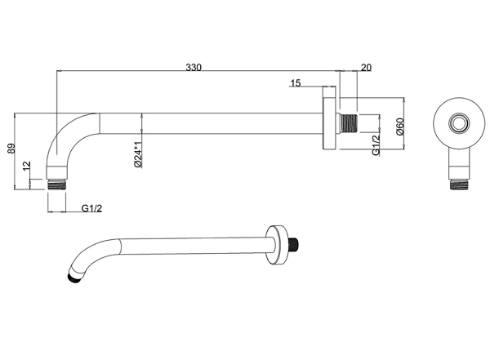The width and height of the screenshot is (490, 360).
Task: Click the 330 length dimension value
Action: (194, 67)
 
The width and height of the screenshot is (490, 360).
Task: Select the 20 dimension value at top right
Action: (366, 68)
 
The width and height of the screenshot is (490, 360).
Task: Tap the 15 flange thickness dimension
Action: (296, 83)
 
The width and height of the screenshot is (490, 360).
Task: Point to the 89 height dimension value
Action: (11, 149)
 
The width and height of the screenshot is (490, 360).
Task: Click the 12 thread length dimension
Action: (27, 166)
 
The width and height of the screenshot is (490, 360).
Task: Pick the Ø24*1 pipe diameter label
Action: (139, 154)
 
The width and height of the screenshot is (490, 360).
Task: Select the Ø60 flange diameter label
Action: (400, 127)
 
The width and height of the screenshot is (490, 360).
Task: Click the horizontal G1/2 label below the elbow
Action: (91, 208)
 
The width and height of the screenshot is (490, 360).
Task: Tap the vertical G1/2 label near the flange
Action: (376, 144)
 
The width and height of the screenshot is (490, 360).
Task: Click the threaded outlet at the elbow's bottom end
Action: (57, 184)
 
